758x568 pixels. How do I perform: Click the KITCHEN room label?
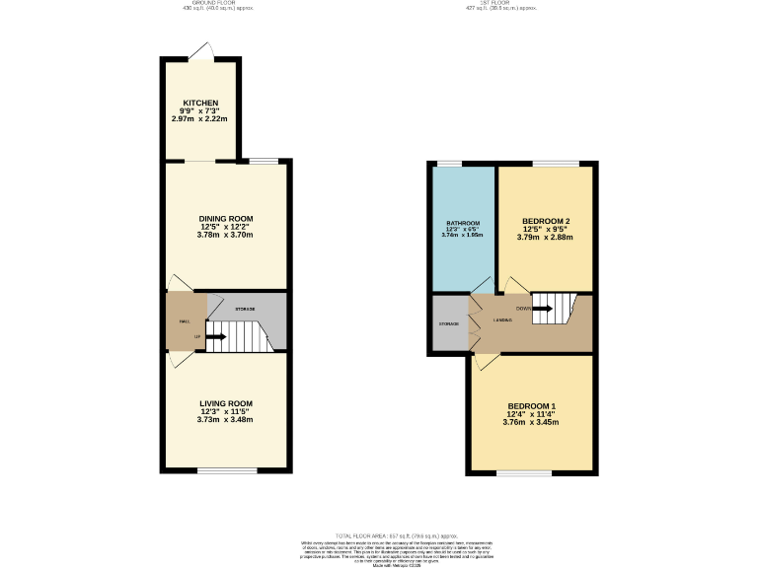[199, 103]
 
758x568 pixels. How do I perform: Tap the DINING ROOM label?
[226, 218]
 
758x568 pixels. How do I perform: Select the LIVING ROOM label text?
[226, 403]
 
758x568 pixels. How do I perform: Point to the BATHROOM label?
[462, 223]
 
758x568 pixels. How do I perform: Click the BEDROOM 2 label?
[546, 220]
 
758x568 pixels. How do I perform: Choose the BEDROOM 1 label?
[532, 406]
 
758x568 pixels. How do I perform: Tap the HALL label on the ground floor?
[184, 321]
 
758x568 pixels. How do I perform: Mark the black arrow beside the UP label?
[215, 337]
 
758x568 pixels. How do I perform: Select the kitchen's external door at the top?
[201, 51]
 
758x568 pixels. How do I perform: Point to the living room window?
[226, 470]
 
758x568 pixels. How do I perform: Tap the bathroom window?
[449, 163]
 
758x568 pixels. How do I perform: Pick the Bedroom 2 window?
[556, 163]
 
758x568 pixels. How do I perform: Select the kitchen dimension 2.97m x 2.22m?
[199, 119]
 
